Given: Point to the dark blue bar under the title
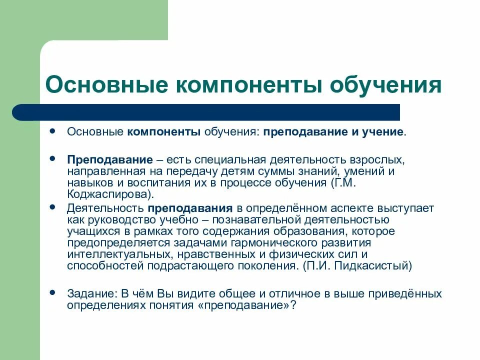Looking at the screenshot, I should pyautogui.click(x=205, y=112).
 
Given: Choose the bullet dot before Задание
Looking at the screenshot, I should pyautogui.click(x=53, y=291).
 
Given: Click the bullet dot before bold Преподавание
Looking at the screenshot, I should pyautogui.click(x=53, y=158).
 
